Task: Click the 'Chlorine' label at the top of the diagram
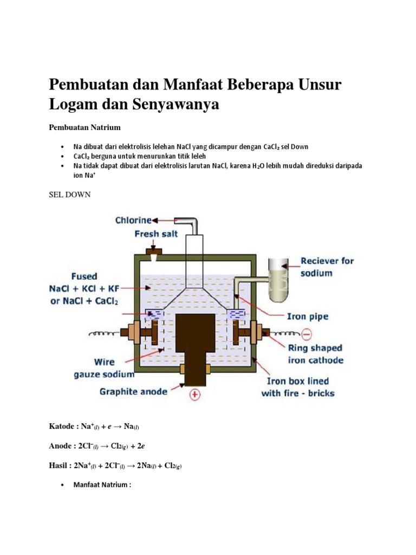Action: (133, 220)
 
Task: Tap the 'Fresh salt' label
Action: (155, 234)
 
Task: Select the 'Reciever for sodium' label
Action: (327, 267)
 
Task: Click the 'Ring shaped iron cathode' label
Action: (316, 353)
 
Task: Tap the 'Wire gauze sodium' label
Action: (104, 369)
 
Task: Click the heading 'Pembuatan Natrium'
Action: (84, 127)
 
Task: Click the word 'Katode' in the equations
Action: (61, 427)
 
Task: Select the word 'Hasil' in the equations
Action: (59, 465)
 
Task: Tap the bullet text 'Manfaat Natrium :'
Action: (102, 485)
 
